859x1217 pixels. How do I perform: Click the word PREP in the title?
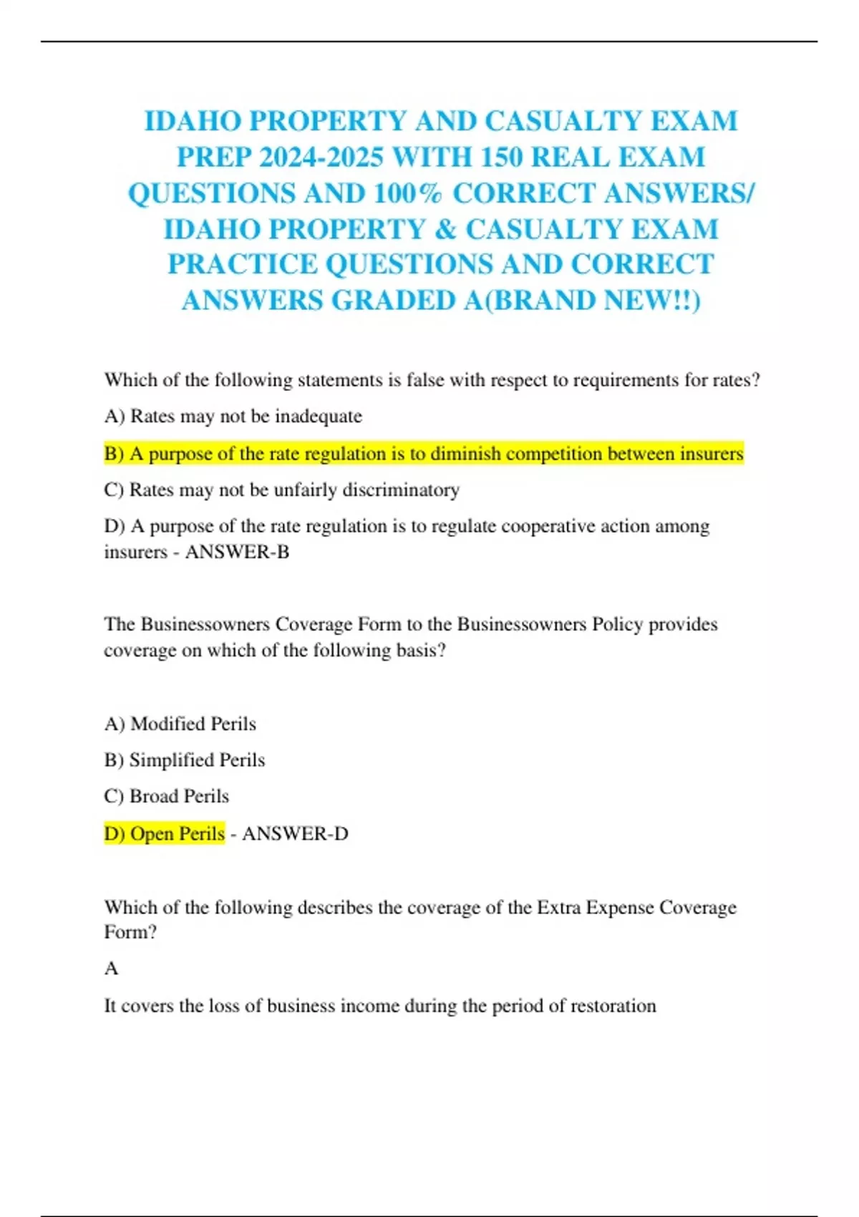pos(213,157)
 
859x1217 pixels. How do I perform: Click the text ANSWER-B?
pos(237,552)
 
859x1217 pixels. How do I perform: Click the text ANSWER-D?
pos(295,834)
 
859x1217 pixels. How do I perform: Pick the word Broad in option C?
pos(154,796)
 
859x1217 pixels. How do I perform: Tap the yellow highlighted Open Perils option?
pos(165,834)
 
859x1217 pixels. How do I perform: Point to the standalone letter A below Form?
pos(111,969)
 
